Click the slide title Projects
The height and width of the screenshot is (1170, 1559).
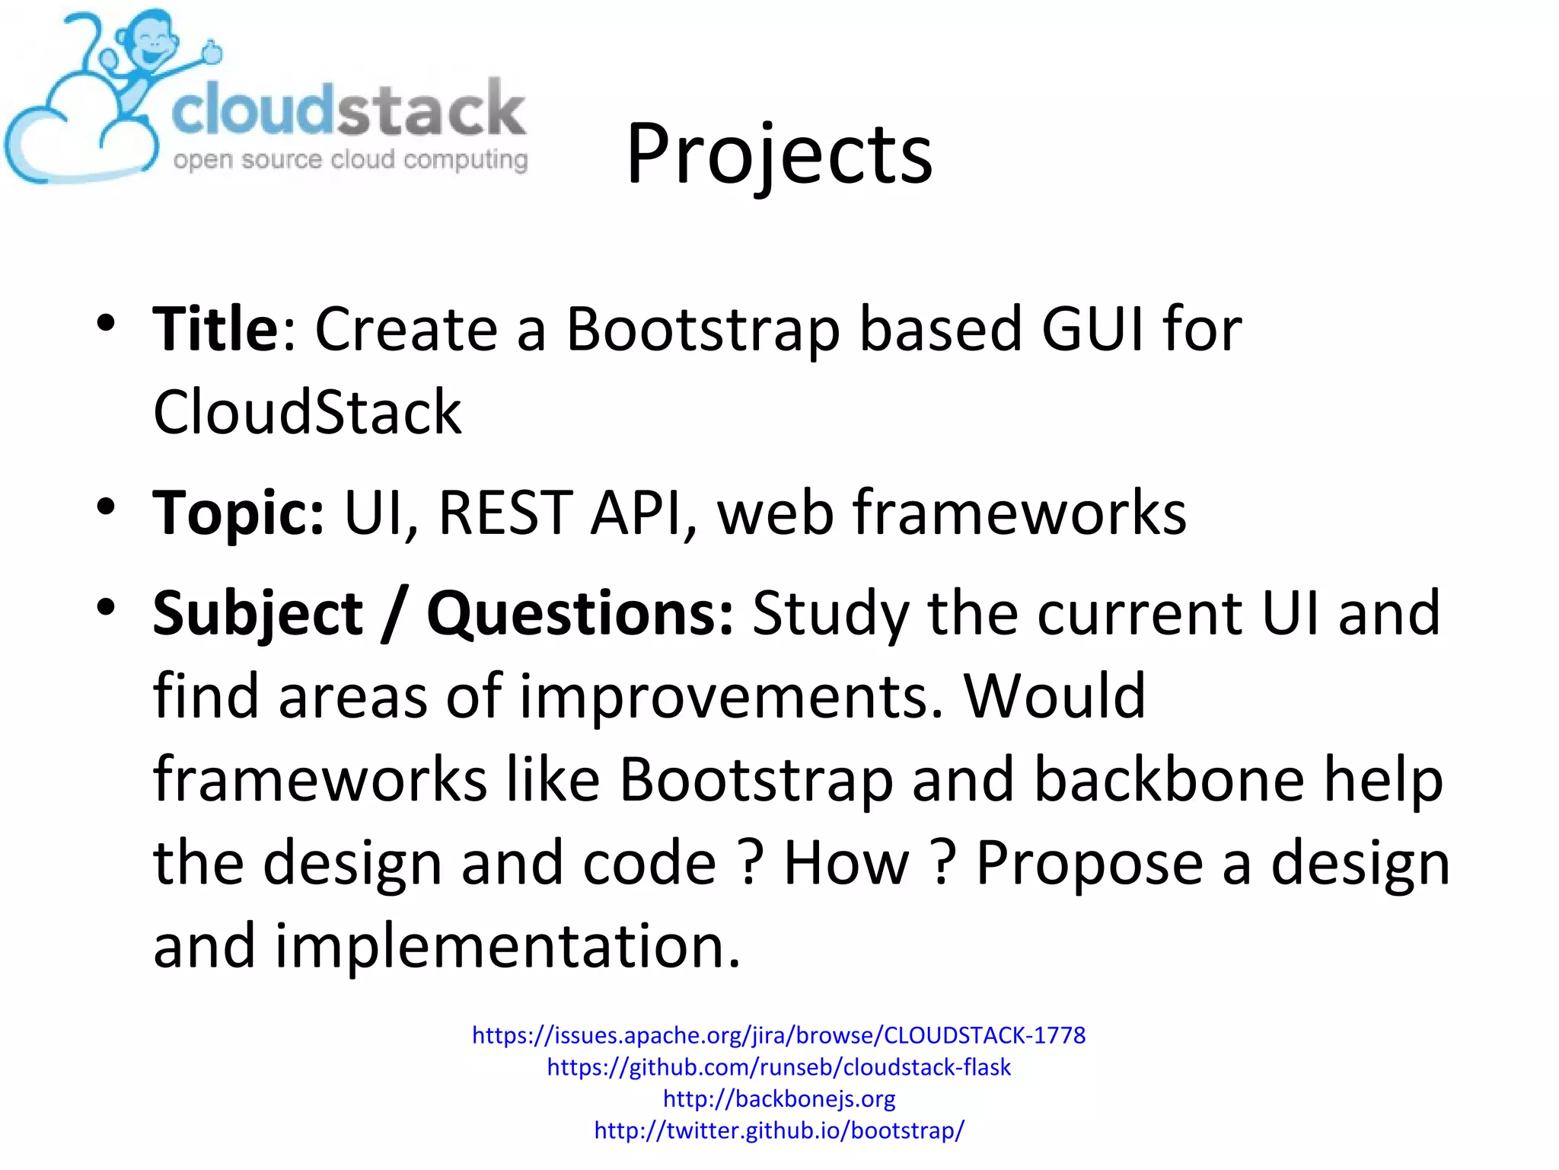coord(779,156)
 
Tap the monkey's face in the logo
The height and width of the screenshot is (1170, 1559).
coord(152,46)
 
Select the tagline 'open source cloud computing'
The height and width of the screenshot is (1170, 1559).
coord(350,160)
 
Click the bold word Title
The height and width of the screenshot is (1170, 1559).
coord(215,329)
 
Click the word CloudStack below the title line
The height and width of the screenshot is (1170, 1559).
coord(307,412)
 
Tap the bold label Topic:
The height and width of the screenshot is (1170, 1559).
coord(238,513)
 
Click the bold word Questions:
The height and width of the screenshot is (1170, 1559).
coord(580,614)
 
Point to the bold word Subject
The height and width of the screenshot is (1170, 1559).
coord(258,614)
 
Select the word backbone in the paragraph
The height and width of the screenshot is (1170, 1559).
coord(1168,780)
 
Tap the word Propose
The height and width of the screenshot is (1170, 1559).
coord(1089,863)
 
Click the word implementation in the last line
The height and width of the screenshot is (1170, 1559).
coord(506,946)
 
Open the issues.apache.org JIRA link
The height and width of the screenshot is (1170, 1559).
coord(779,1035)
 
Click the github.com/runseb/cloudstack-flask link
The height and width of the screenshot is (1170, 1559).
coord(779,1067)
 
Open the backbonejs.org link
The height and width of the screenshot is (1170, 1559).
coord(779,1098)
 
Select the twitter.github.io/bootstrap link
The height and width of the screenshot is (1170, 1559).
coord(779,1130)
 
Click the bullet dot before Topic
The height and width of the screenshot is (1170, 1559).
coord(106,507)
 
